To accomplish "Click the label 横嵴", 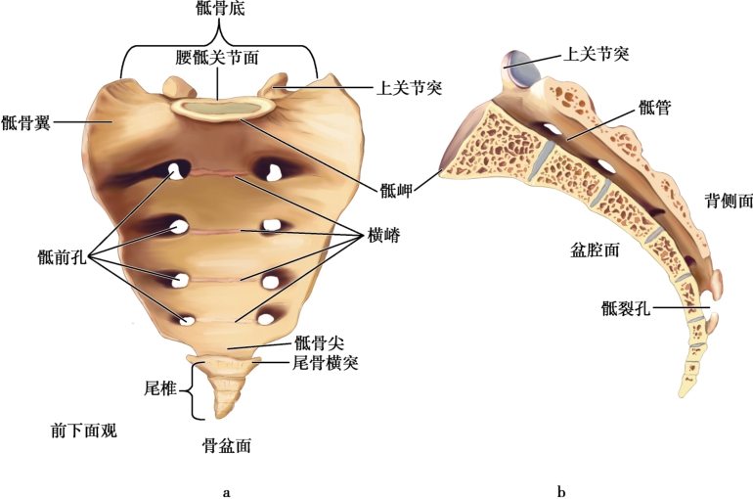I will pyautogui.click(x=384, y=236).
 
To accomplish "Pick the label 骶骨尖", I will pyautogui.click(x=317, y=342).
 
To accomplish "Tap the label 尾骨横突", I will pyautogui.click(x=328, y=362).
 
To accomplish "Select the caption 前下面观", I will pyautogui.click(x=83, y=430).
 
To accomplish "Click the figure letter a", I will pyautogui.click(x=227, y=490).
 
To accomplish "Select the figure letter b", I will pyautogui.click(x=560, y=490).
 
